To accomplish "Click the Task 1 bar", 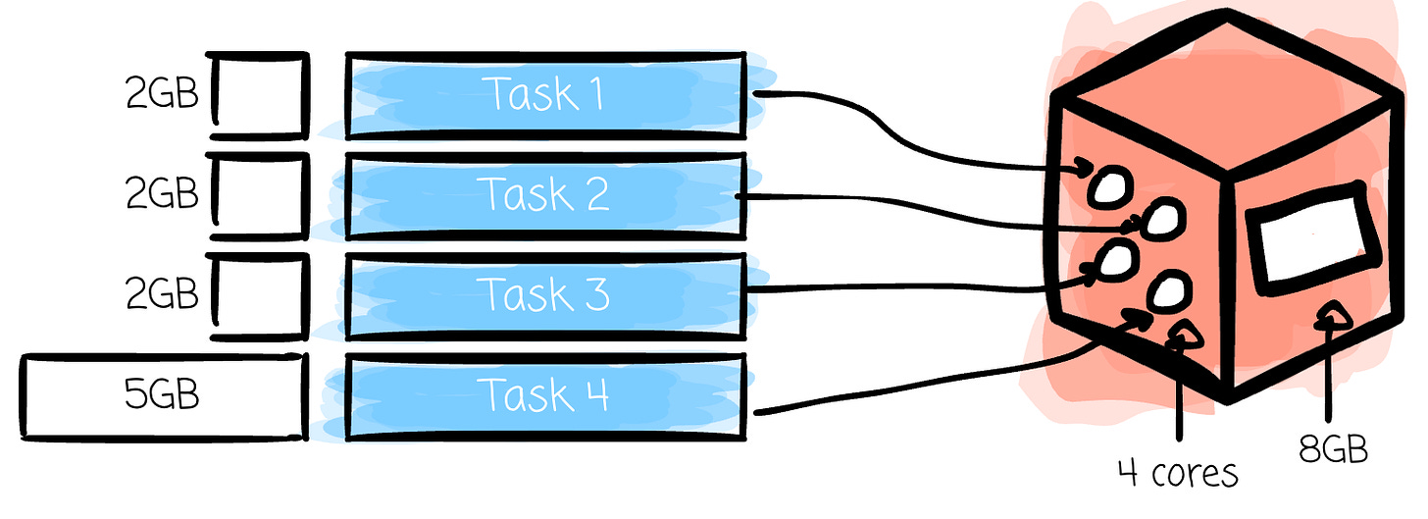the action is click(x=545, y=95).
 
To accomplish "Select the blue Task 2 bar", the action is click(x=545, y=196).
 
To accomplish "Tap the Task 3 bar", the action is click(x=545, y=296).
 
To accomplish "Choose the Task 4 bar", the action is click(x=545, y=396).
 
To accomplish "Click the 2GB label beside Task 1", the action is click(x=162, y=93).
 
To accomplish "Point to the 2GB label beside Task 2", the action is click(x=162, y=193).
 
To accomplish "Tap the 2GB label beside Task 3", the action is click(x=162, y=293).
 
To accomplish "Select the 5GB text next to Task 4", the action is click(x=161, y=393).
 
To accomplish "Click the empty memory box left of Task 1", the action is click(x=260, y=95).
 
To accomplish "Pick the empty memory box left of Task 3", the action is click(x=260, y=296).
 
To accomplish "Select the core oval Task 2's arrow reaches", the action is click(x=1163, y=220).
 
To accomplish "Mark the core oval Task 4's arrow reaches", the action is click(x=1169, y=291).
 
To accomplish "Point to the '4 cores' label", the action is click(x=1178, y=473).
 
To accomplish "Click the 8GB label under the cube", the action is click(x=1333, y=449).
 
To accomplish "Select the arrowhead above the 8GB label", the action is click(x=1332, y=316).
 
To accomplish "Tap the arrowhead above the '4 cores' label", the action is click(x=1184, y=335).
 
